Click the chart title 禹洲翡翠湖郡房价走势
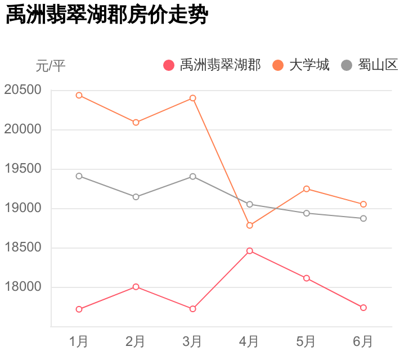coord(107,15)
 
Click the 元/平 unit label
coord(51,66)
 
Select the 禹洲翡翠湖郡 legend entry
coord(212,65)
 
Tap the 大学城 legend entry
coord(300,65)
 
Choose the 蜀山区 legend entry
coord(370,65)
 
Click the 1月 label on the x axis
coord(79,341)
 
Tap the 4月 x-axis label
coord(249,341)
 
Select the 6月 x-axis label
coord(363,341)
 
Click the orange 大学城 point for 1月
coord(79,96)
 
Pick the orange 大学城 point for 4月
coord(250,226)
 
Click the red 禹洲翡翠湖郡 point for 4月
coord(250,251)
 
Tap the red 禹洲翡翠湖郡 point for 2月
coord(136,287)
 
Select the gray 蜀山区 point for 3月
coord(193,177)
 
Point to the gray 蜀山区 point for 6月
coord(363,218)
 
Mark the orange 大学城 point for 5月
coord(307,189)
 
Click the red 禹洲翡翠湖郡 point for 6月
coord(363,308)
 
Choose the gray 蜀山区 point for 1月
coord(79,176)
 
